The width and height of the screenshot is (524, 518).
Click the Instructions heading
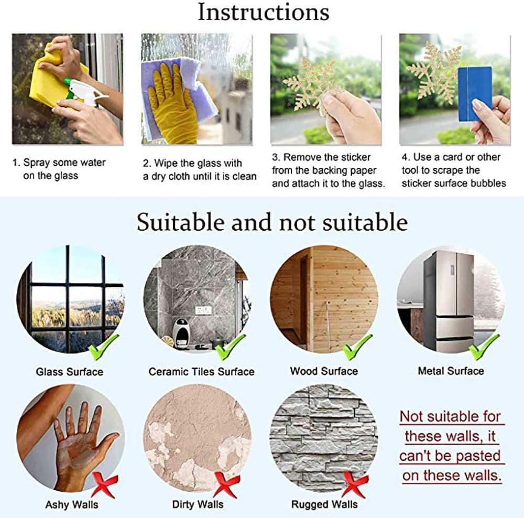264,13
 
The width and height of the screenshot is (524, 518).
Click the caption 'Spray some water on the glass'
59,169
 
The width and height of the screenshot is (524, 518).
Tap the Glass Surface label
70,372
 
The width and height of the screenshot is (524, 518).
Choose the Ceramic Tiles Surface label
202,372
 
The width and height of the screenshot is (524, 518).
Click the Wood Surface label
324,371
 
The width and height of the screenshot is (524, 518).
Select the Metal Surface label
451,371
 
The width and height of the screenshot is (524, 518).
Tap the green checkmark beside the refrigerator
484,347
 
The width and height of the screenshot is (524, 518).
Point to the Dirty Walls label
198,504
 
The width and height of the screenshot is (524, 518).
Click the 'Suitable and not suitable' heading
272,222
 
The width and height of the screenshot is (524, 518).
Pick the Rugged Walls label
324,504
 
